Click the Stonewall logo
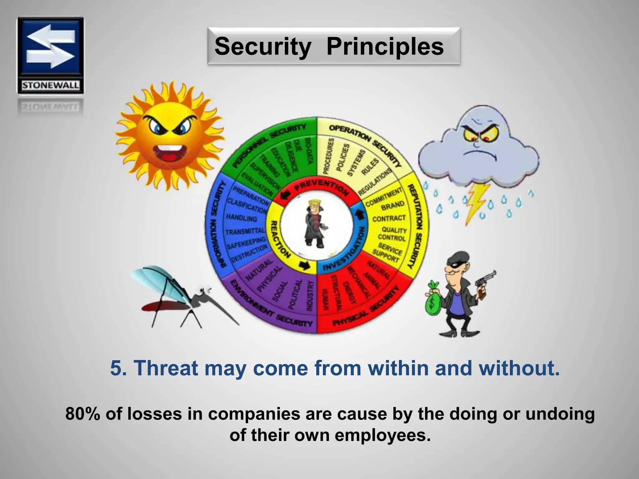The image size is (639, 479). (x=50, y=56)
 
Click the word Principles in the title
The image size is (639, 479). (x=385, y=46)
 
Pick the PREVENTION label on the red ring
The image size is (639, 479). (x=321, y=189)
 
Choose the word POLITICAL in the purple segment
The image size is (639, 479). (x=295, y=293)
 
